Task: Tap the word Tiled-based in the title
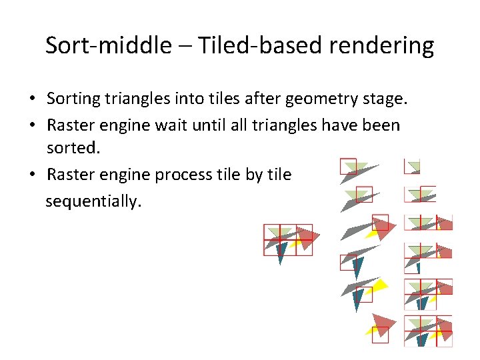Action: click(x=243, y=45)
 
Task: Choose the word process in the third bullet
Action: click(x=184, y=175)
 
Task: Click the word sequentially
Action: click(x=93, y=201)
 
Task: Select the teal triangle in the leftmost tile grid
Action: click(x=281, y=252)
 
